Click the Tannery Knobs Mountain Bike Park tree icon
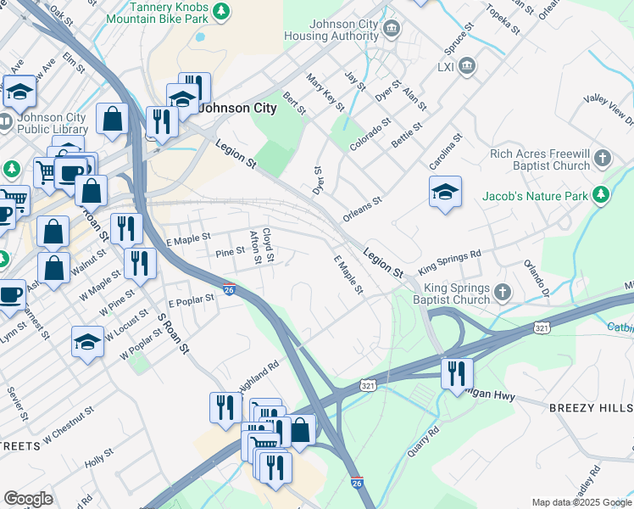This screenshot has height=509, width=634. pos(221,11)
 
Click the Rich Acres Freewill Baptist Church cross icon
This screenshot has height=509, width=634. pos(602,158)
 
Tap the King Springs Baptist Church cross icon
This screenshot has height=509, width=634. pos(503,293)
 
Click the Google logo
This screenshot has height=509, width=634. pos(28,498)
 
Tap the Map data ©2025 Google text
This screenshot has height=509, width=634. pos(580,502)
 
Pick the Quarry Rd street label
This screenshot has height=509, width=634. pos(423,441)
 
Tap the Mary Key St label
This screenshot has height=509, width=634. pos(325,93)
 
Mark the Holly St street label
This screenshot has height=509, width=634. pos(99,459)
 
